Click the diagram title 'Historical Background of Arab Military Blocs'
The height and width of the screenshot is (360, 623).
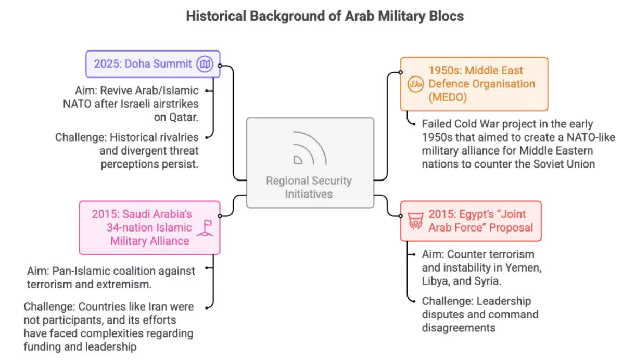point(324,16)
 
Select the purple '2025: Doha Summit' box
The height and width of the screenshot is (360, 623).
point(152,64)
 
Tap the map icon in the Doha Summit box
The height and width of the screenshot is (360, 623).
point(205,65)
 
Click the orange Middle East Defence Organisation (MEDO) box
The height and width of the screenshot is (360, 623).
point(474,84)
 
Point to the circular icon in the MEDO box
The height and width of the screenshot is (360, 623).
point(415,84)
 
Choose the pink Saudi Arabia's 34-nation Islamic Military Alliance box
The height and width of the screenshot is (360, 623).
point(149,227)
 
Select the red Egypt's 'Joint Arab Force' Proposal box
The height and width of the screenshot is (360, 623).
point(471,221)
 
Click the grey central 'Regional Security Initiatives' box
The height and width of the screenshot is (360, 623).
point(310,162)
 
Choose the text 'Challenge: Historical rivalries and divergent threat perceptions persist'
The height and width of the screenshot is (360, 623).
point(127,150)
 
